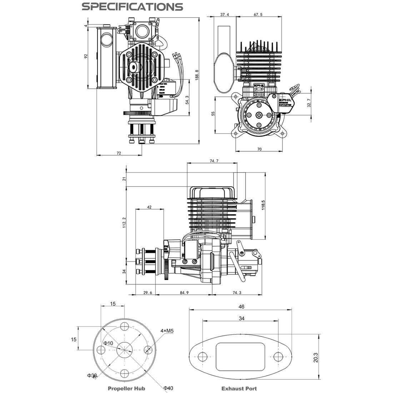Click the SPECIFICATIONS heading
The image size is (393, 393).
tap(132, 6)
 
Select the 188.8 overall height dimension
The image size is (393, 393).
tap(197, 75)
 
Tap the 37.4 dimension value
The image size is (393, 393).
tap(225, 15)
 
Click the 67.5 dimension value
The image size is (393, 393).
tap(258, 15)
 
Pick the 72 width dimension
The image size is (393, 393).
tap(119, 153)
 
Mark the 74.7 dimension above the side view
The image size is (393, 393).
tap(213, 161)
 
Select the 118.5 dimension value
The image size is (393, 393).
tap(263, 207)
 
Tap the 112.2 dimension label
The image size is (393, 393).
tap(124, 223)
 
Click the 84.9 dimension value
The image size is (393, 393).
tap(185, 293)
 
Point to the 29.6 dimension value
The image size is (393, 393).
tap(148, 293)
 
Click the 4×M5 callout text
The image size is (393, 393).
tap(167, 331)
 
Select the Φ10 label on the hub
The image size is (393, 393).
tap(108, 343)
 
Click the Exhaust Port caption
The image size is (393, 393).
tap(239, 388)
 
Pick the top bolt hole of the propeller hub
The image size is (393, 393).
tap(124, 326)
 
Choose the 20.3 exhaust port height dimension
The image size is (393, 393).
tap(315, 356)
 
